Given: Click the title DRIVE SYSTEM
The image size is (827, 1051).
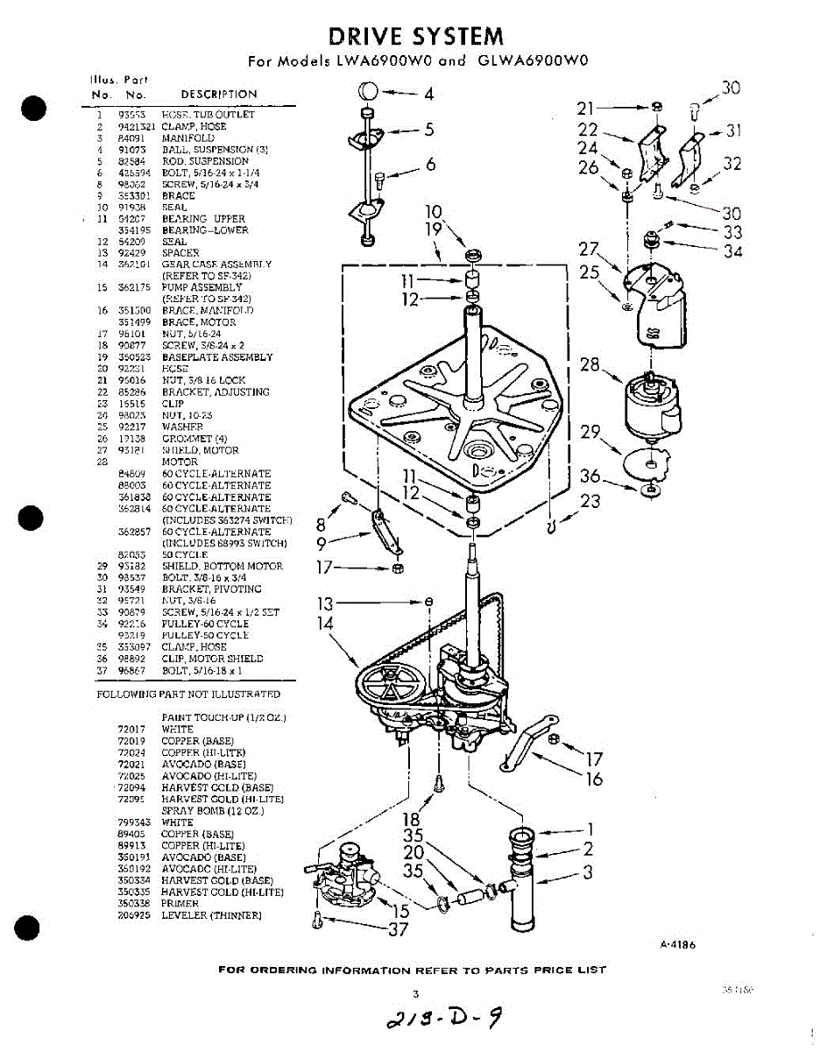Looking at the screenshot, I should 416,36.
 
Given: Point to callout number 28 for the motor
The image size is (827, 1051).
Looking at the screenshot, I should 590,363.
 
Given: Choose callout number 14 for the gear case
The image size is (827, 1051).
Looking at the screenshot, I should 326,624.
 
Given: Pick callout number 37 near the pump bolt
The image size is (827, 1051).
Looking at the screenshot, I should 399,929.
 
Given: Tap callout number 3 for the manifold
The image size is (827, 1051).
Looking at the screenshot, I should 588,872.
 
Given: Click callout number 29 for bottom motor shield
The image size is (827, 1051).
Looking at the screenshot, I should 590,432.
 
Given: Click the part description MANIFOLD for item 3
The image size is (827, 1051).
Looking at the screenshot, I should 187,138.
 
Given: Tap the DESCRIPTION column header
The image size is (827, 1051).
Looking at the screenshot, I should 219,95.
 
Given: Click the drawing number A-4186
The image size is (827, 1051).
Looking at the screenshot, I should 677,945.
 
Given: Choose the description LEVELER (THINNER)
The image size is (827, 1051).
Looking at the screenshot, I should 211,915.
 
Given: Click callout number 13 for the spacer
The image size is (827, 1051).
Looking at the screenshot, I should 326,603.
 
